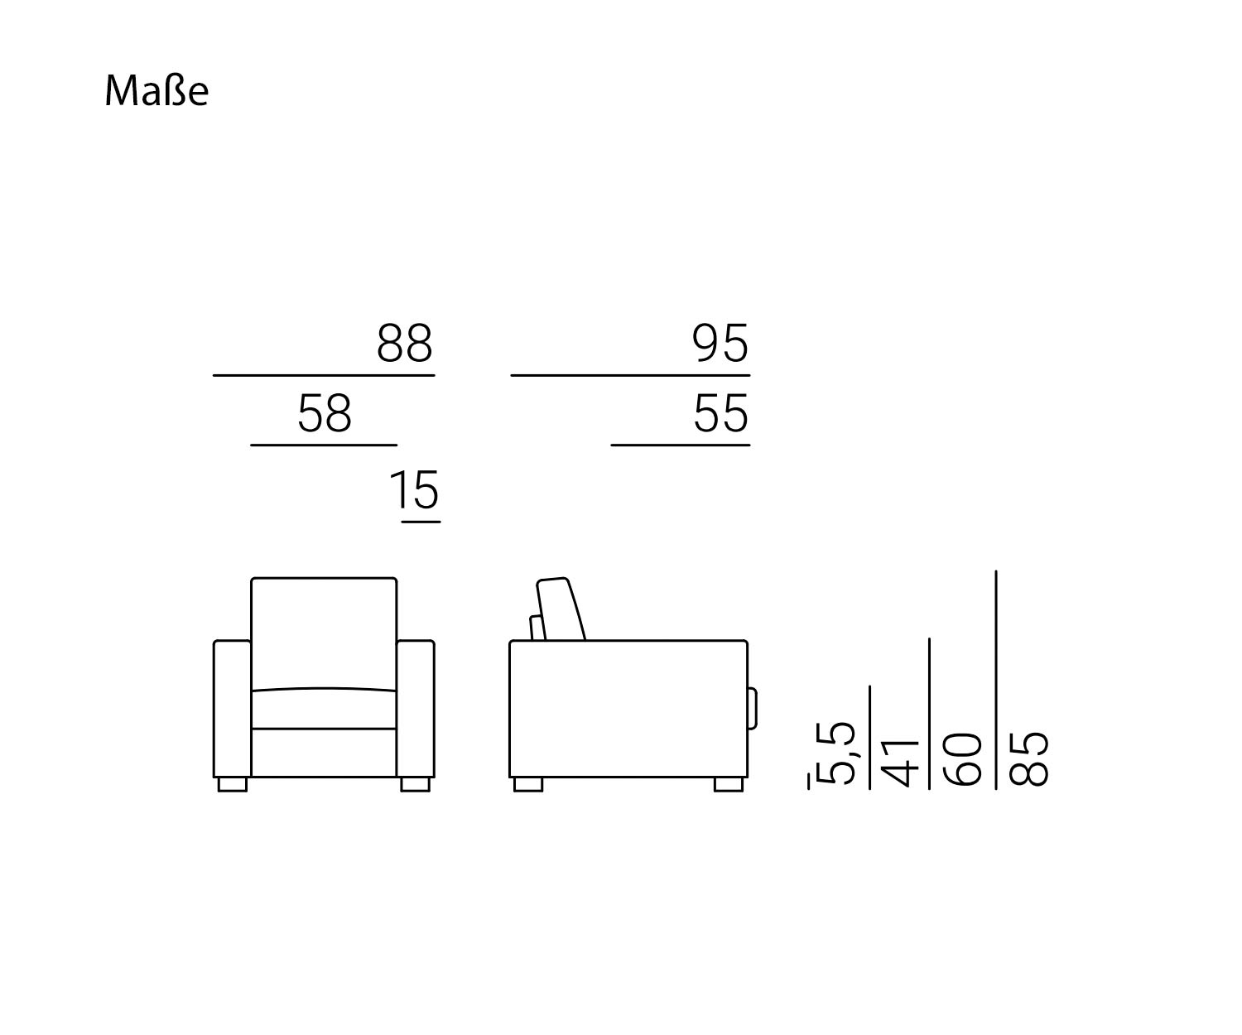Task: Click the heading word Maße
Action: tap(156, 91)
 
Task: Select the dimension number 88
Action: tap(405, 344)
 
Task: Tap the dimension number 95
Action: tap(720, 344)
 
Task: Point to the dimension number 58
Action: tap(325, 413)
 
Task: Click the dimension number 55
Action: tap(721, 413)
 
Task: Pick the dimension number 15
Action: tap(415, 489)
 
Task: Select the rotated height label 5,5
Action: tap(835, 753)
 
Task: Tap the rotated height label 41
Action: tap(899, 763)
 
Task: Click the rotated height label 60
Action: tap(962, 759)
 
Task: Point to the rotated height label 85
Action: tap(1028, 758)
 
